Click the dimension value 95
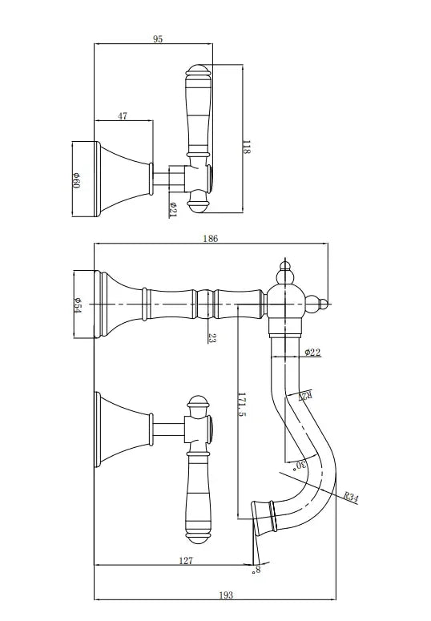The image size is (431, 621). tap(158, 38)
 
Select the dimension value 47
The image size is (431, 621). tap(123, 116)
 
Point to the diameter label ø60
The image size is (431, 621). tap(76, 179)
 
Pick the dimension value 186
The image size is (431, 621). tap(211, 238)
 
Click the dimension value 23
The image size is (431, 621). tap(211, 338)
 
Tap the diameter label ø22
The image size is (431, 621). tap(313, 352)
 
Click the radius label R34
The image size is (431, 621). tap(351, 497)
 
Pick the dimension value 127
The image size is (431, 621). tap(186, 561)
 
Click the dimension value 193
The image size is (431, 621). tap(226, 595)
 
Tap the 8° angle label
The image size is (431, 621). tap(257, 571)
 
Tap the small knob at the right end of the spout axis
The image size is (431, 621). tap(324, 303)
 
